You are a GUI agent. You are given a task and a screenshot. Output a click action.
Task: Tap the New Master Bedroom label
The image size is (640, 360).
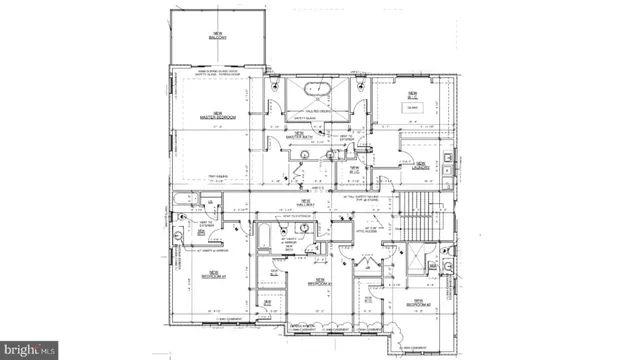[217, 115]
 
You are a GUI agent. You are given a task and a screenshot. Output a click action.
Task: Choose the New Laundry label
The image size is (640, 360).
[421, 166]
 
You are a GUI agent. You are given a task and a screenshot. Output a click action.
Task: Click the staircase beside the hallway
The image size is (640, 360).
[419, 214]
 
